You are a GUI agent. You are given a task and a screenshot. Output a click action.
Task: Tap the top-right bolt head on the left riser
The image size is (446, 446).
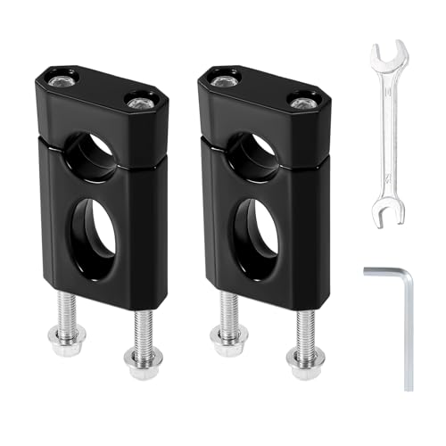point(139,103)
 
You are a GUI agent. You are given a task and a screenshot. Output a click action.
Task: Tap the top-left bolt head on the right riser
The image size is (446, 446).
point(223,79)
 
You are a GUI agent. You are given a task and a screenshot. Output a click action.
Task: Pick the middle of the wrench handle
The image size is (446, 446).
point(388,134)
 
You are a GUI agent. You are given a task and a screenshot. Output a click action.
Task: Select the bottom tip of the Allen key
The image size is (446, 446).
point(409,385)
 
